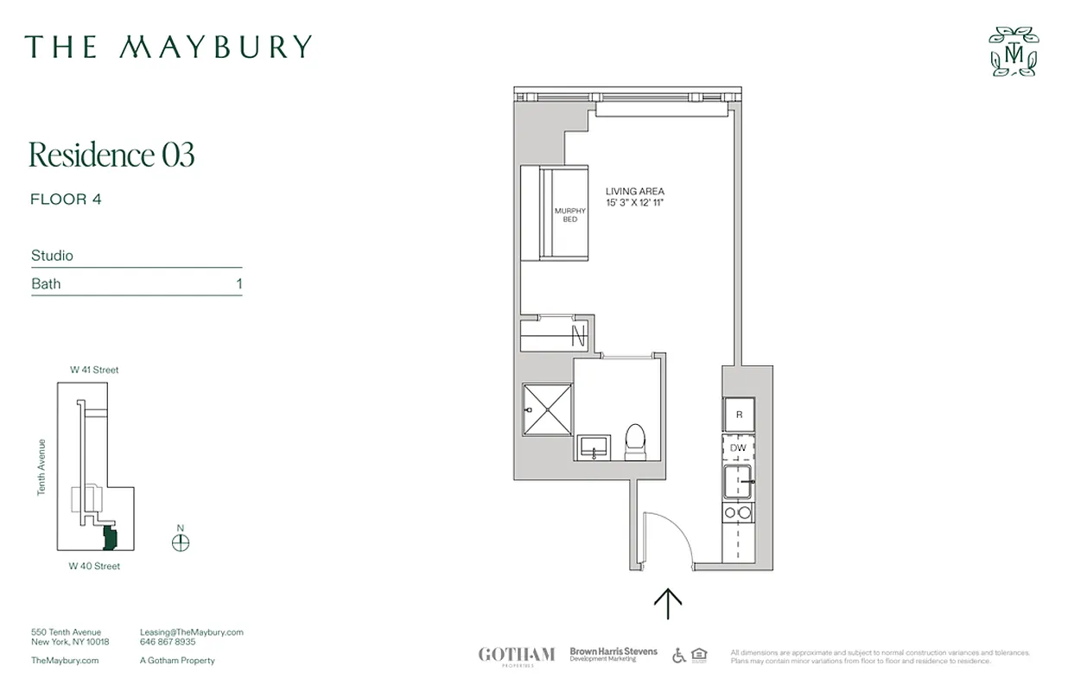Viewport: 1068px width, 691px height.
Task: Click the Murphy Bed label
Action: (x=569, y=215)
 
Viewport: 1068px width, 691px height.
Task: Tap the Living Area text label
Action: (x=635, y=197)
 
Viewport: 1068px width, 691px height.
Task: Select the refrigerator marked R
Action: (x=739, y=415)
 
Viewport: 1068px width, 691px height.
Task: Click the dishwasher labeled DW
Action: (x=738, y=448)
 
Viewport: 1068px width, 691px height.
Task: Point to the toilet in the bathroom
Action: (x=636, y=441)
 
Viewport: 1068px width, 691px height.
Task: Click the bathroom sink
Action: (x=594, y=447)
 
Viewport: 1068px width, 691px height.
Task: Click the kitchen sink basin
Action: (x=737, y=481)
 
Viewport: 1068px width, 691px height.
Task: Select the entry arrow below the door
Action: (x=668, y=603)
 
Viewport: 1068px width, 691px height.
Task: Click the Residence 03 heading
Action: (x=111, y=155)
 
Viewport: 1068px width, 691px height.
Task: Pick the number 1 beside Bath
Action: (x=238, y=283)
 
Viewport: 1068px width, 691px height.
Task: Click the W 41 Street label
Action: (x=94, y=370)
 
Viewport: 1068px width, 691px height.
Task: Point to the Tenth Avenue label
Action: (x=41, y=467)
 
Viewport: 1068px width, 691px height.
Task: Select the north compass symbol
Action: (x=181, y=542)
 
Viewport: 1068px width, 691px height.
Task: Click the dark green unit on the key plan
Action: (x=110, y=537)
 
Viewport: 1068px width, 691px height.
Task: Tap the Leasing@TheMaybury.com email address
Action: (x=191, y=632)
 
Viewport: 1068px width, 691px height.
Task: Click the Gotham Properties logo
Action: (x=516, y=656)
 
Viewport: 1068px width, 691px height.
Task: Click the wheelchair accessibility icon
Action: (x=678, y=656)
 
